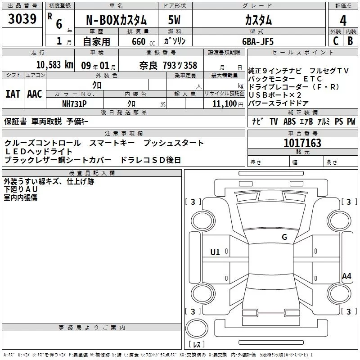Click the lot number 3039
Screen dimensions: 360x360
click(x=22, y=19)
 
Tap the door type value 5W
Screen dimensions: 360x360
click(x=175, y=21)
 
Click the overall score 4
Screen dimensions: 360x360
click(x=343, y=21)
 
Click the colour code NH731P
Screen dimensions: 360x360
click(x=75, y=103)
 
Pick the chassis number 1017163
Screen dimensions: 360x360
click(x=302, y=143)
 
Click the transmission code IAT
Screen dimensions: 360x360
click(x=13, y=94)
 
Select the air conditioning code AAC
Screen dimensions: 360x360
click(x=34, y=94)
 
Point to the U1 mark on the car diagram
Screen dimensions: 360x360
click(x=215, y=252)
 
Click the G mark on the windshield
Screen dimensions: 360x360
click(x=284, y=237)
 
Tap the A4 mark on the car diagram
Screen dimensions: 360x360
click(x=346, y=276)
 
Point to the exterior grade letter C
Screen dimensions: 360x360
click(x=335, y=41)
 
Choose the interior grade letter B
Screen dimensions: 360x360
click(x=350, y=41)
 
